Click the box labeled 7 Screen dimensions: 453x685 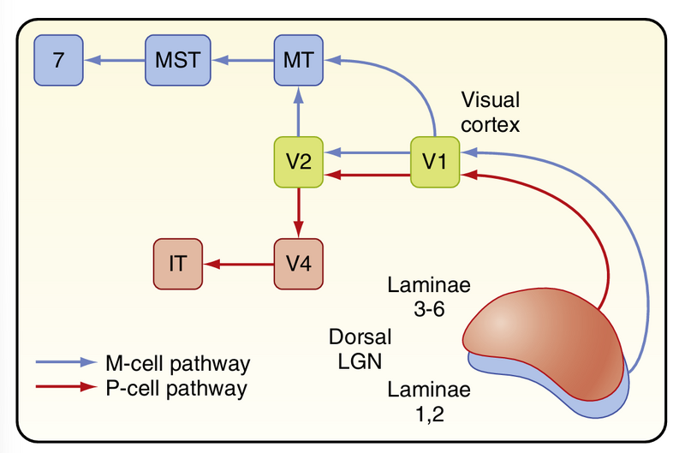click(58, 60)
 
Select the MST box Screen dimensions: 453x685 click(176, 60)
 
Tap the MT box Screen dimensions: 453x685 click(297, 60)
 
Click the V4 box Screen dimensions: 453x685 click(297, 265)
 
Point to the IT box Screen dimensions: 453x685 click(178, 265)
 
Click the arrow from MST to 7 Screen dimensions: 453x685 click(116, 60)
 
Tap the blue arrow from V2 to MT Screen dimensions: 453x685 click(297, 112)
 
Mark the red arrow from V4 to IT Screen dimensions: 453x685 click(240, 265)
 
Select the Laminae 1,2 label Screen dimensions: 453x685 click(417, 403)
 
